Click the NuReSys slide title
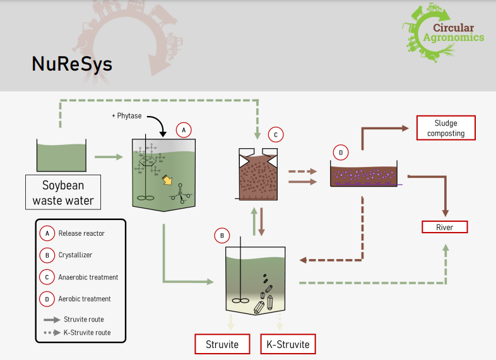tap(72, 64)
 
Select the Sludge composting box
tap(446, 128)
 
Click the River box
tap(444, 227)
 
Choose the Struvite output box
tap(222, 344)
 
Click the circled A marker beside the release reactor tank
tap(183, 130)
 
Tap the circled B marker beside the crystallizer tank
tap(221, 236)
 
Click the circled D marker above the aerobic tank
tap(340, 152)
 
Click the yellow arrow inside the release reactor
tap(168, 181)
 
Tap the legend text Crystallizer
tap(76, 255)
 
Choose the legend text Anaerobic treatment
tap(88, 277)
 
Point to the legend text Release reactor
tap(81, 233)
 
